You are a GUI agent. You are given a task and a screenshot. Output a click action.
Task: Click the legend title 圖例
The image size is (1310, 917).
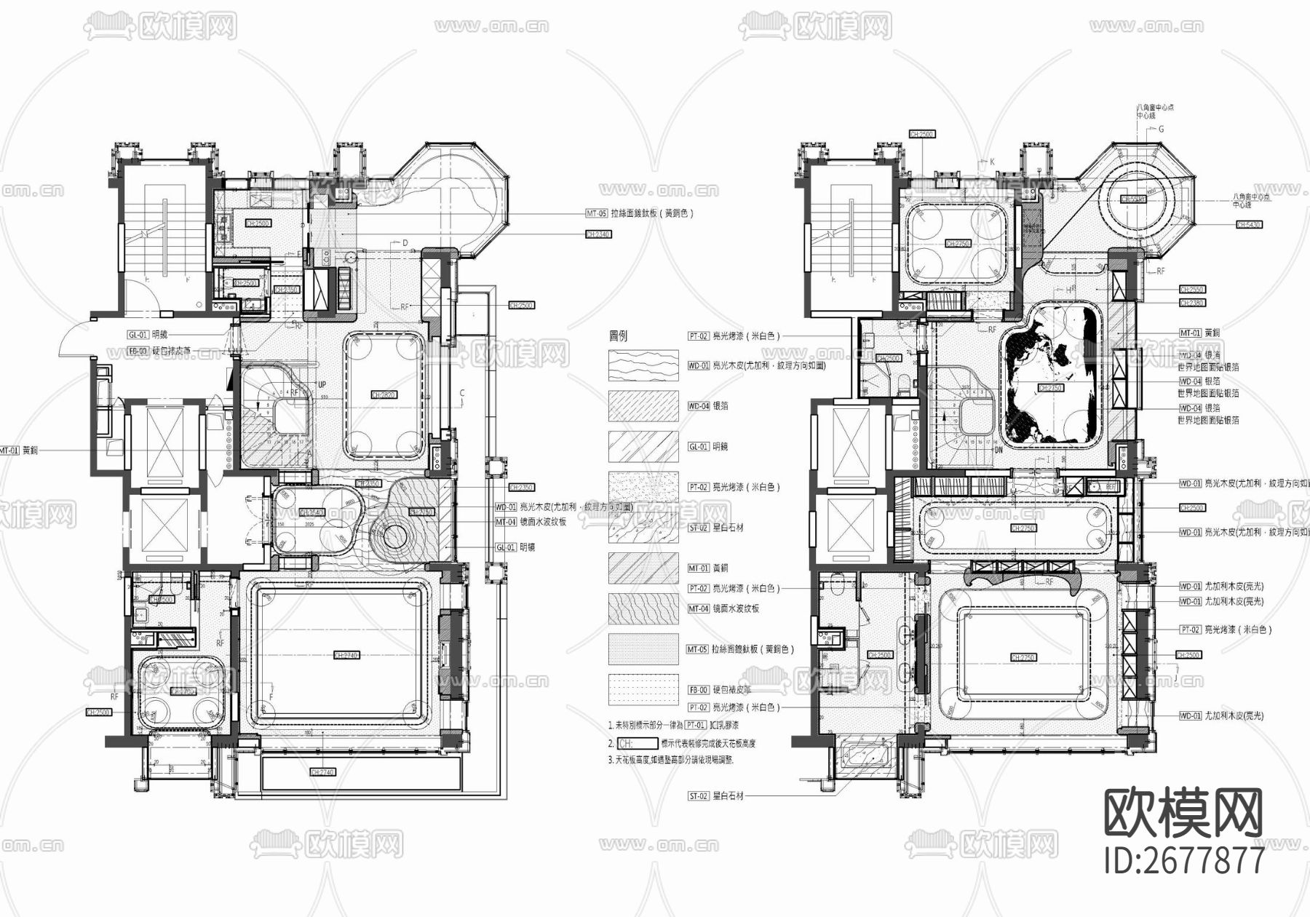pos(618,336)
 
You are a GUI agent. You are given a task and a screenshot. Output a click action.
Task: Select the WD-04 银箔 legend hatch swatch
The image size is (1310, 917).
pos(643,406)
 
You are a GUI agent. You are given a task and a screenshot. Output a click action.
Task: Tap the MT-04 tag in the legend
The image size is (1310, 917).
pos(698,608)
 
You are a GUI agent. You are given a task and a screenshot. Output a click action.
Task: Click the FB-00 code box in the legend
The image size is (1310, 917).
pos(698,689)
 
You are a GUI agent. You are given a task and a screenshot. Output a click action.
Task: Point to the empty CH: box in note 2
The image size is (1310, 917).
pos(637,744)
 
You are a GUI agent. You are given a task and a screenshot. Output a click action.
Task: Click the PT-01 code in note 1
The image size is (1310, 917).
pos(696,726)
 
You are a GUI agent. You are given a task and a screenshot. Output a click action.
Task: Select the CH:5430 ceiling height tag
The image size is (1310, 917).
pos(1250,225)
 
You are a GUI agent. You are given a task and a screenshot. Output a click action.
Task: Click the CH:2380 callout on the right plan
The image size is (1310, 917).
pos(1191,303)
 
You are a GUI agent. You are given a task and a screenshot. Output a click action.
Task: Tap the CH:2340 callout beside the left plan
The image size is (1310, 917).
pos(598,234)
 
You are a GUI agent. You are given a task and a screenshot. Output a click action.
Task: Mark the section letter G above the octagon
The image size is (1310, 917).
pos(1161,130)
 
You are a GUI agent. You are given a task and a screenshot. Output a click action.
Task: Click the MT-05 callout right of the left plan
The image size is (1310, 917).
pos(596,213)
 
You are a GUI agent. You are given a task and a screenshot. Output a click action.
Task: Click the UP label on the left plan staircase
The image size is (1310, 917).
pos(321,384)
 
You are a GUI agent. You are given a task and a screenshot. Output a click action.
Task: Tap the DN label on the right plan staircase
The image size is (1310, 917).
pos(999,450)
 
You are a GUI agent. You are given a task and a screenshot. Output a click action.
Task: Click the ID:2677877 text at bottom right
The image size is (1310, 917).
pos(1185,860)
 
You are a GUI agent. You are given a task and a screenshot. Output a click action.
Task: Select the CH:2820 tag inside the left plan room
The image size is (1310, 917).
pos(384,395)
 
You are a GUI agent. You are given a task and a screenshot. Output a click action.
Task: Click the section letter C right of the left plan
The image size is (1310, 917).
pos(461,394)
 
